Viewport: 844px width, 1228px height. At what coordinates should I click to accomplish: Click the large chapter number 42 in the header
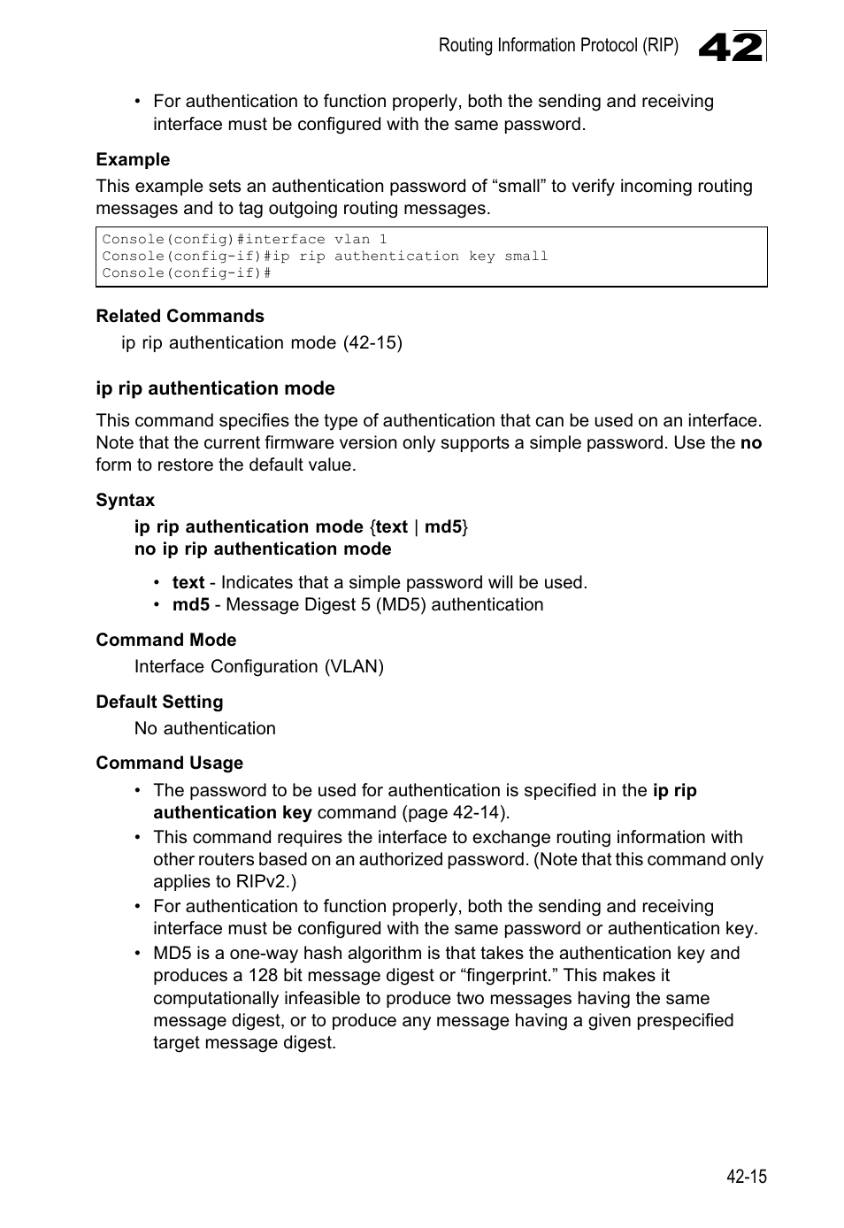point(731,47)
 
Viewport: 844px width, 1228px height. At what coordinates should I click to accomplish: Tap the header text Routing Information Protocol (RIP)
point(558,46)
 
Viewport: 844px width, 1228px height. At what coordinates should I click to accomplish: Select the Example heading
point(133,160)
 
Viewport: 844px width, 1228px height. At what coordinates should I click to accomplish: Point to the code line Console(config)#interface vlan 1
point(244,240)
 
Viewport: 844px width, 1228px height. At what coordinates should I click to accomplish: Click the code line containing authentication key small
point(325,257)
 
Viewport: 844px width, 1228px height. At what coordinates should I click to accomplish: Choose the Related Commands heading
point(180,317)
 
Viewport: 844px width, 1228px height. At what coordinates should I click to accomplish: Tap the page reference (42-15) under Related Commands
point(372,343)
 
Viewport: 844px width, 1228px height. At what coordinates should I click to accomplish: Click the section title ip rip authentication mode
point(215,389)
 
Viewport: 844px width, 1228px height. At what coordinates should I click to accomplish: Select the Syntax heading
point(125,501)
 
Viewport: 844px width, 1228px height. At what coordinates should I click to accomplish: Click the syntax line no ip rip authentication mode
point(263,549)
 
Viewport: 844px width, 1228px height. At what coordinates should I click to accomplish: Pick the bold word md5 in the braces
point(442,527)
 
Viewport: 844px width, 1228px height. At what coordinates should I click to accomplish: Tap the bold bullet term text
point(188,583)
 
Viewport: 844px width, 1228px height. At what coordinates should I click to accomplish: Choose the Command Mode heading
point(165,641)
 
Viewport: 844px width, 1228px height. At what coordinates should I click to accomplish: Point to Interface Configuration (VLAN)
point(258,667)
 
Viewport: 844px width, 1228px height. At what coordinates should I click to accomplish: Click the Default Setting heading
point(159,702)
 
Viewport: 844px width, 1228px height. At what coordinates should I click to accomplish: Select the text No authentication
point(204,729)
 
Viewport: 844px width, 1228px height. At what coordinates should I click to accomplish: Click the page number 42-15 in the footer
point(746,1177)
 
